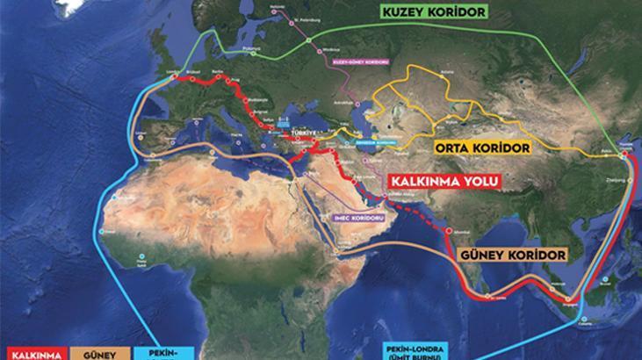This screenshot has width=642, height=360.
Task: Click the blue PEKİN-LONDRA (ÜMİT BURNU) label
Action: (x=423, y=349)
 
